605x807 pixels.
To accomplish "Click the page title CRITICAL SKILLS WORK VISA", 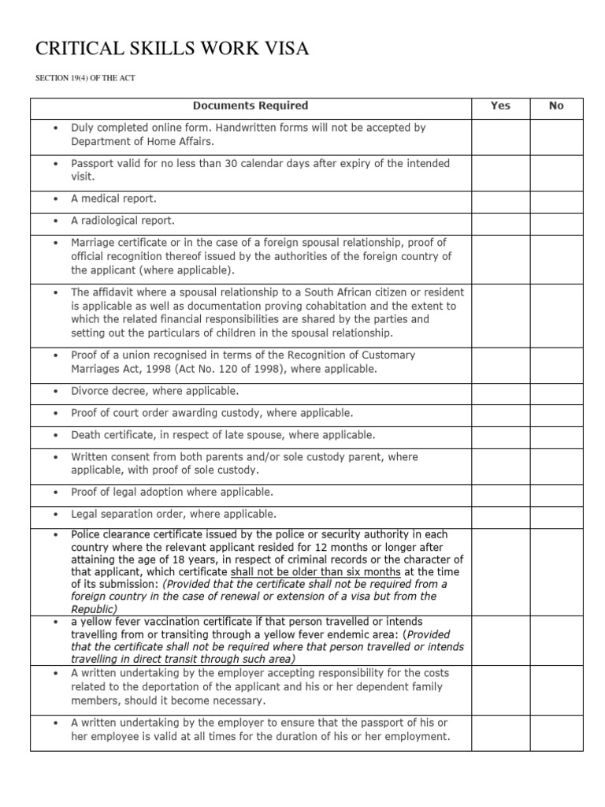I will point(173,50).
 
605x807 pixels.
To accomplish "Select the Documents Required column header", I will point(251,106).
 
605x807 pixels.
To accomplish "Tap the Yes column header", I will point(500,106).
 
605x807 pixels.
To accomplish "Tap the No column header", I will point(557,106).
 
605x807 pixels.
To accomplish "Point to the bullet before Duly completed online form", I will point(54,128).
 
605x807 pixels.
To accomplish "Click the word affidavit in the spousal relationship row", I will point(115,292).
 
